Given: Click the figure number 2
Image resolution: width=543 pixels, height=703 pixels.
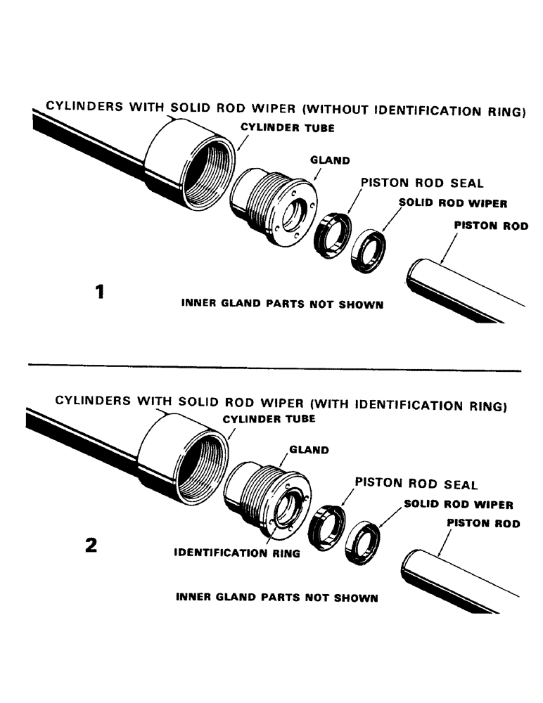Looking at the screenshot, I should (91, 546).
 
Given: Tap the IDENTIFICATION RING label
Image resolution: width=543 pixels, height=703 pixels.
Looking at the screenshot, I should (237, 553).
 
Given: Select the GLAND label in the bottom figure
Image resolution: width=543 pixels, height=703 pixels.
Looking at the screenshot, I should (309, 450).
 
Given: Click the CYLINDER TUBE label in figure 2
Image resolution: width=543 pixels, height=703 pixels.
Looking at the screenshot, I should (269, 419).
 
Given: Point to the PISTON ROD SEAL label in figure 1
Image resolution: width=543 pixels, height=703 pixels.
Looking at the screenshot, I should (422, 183).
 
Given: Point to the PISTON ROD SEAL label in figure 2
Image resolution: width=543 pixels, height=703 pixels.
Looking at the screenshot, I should (416, 484).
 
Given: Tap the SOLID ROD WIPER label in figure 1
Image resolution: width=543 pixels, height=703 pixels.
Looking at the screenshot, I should (453, 202).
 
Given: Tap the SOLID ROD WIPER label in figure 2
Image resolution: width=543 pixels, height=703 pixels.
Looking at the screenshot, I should (458, 505).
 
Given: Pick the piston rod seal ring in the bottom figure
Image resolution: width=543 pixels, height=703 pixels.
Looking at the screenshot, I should (327, 527).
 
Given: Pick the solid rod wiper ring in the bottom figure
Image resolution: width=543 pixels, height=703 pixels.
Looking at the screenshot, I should (364, 540).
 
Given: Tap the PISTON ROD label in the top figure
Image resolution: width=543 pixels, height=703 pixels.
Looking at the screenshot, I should (491, 226).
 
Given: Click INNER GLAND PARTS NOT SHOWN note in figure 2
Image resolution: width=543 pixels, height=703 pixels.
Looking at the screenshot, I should (277, 598).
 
